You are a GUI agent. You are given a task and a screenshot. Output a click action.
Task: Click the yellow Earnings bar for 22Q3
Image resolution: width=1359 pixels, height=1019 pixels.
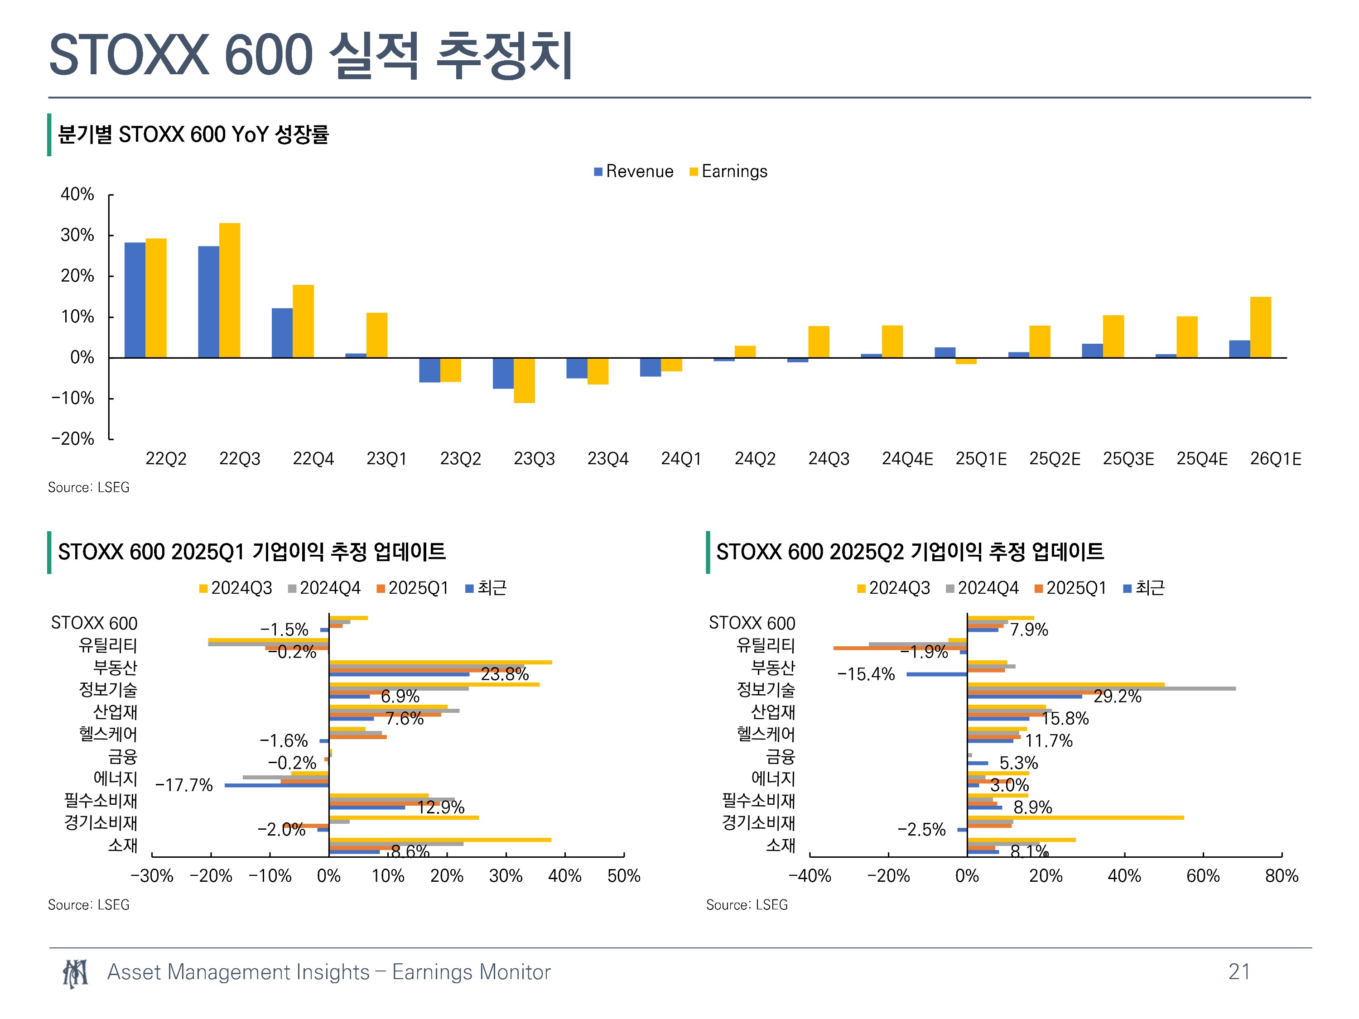pyautogui.click(x=229, y=290)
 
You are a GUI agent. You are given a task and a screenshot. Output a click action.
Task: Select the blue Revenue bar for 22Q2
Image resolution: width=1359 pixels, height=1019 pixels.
pyautogui.click(x=135, y=300)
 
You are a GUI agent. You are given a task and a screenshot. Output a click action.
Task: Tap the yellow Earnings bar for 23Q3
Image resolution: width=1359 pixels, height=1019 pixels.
pyautogui.click(x=524, y=380)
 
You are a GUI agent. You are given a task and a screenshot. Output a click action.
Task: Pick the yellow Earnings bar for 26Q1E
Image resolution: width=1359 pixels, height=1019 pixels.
pyautogui.click(x=1260, y=327)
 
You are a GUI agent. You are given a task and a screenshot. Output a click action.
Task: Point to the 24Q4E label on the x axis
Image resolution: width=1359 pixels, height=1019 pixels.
pyautogui.click(x=907, y=459)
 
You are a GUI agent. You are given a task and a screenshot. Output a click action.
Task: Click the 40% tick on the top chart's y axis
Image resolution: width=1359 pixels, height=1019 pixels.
pyautogui.click(x=77, y=195)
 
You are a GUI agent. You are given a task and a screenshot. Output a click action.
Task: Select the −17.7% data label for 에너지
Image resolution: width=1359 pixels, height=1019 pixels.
pyautogui.click(x=184, y=785)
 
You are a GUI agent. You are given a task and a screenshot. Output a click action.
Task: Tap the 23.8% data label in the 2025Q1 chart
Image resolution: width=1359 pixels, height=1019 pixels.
pyautogui.click(x=504, y=674)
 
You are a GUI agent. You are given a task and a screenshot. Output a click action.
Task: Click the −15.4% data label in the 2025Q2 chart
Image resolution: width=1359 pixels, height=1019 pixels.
pyautogui.click(x=866, y=674)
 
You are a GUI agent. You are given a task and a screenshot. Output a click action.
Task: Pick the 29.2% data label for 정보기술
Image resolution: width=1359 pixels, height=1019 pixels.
pyautogui.click(x=1117, y=697)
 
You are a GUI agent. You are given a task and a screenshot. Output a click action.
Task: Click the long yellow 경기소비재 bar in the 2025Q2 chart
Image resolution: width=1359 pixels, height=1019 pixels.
pyautogui.click(x=1075, y=817)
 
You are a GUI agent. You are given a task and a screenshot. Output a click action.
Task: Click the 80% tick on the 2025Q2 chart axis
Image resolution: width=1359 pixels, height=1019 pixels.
pyautogui.click(x=1282, y=876)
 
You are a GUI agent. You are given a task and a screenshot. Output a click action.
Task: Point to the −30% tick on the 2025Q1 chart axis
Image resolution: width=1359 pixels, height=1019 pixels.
pyautogui.click(x=152, y=876)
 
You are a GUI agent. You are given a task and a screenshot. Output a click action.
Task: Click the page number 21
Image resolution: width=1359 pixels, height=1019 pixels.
pyautogui.click(x=1239, y=972)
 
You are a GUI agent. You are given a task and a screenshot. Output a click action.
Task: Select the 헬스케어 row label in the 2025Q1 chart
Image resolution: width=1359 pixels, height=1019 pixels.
pyautogui.click(x=108, y=734)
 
